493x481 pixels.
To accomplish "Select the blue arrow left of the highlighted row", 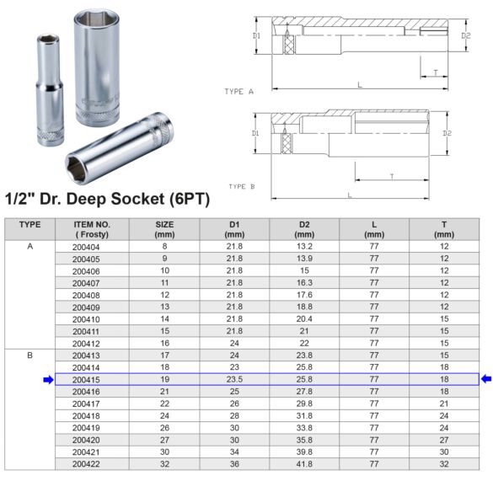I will tap(48, 380).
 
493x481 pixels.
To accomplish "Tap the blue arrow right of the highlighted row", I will tap(486, 380).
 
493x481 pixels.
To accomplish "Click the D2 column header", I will tap(304, 229).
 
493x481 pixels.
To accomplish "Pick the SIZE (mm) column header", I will tap(164, 229).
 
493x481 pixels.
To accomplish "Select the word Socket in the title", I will tap(142, 200).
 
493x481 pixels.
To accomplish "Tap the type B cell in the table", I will tap(29, 356).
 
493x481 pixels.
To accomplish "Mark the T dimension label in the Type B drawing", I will tap(393, 175).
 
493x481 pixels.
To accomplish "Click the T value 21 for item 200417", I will tap(444, 404).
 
